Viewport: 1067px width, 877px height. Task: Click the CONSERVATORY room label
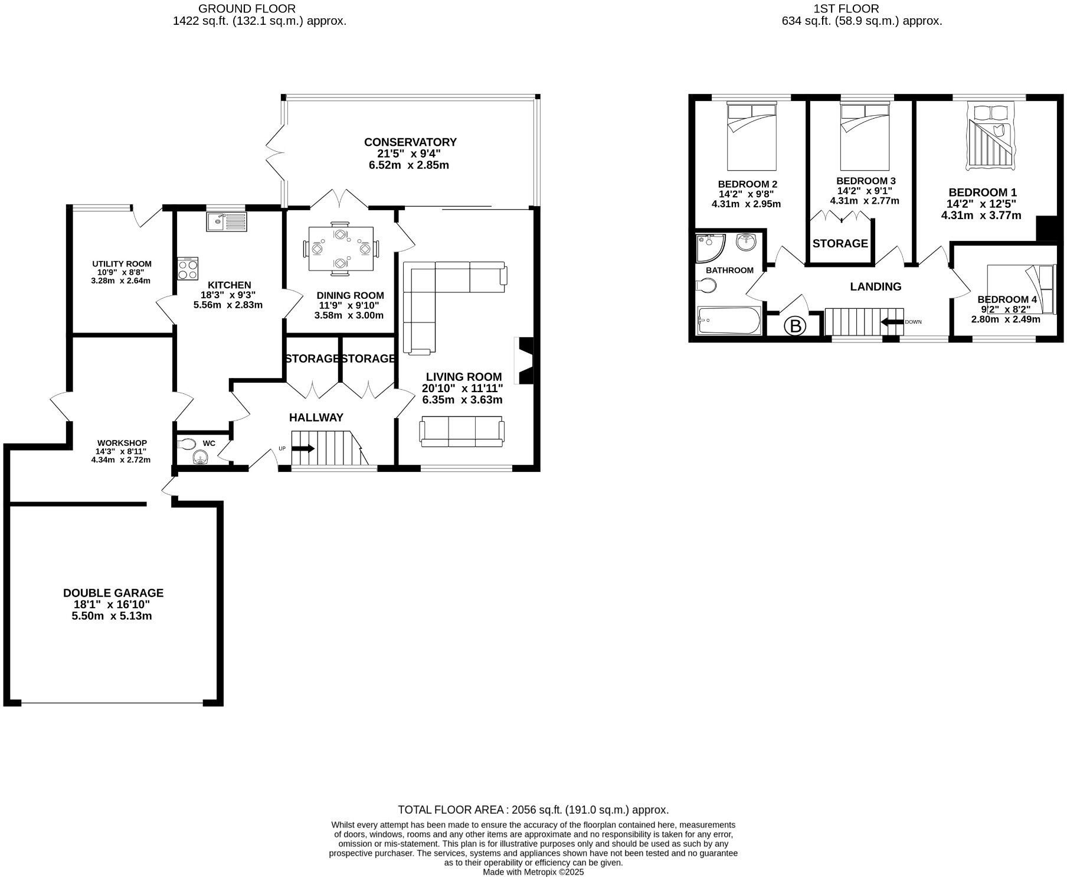[410, 142]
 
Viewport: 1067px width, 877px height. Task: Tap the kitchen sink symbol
[227, 222]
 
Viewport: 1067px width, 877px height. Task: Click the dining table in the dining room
[340, 249]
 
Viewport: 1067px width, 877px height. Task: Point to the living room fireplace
[525, 361]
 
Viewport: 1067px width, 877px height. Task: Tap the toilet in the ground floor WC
[186, 444]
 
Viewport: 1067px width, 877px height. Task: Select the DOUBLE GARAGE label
[113, 593]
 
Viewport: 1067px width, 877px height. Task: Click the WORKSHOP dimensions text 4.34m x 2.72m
[120, 459]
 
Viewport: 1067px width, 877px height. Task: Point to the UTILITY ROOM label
[122, 264]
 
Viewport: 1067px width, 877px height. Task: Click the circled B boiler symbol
[796, 326]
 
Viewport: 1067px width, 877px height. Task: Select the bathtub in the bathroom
[729, 321]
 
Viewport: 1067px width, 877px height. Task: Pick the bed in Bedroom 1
[991, 137]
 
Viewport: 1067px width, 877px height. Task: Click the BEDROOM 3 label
[866, 181]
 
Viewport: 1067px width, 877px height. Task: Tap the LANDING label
[875, 287]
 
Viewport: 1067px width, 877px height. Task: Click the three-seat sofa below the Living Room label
[462, 432]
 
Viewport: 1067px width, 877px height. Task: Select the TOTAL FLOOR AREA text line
[533, 810]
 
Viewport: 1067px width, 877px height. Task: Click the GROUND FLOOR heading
[247, 9]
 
